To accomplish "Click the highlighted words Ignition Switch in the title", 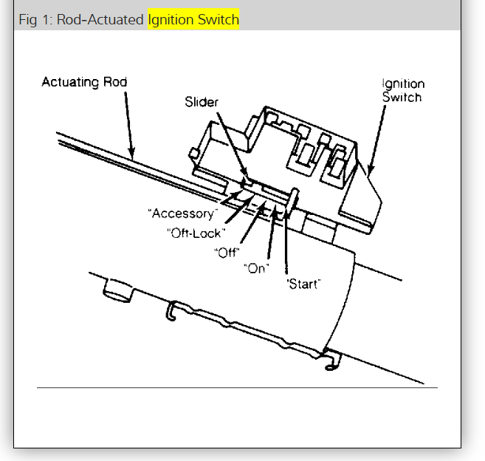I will [193, 20].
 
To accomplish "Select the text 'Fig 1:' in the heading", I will [35, 20].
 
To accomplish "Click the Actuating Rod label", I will [84, 82].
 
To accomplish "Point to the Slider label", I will [201, 102].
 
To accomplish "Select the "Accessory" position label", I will [184, 214].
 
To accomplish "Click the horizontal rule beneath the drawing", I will [237, 387].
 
